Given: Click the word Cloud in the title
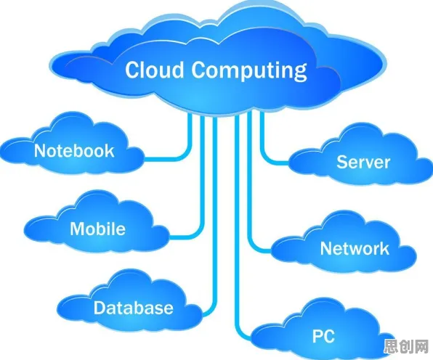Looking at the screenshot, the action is click(x=154, y=70).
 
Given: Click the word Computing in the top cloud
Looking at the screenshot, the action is click(x=249, y=71).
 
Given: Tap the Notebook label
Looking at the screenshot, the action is click(x=74, y=151).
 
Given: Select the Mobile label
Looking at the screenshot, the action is click(x=98, y=229).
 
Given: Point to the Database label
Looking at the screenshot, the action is click(x=134, y=308).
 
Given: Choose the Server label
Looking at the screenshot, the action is click(x=363, y=162).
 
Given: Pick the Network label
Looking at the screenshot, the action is click(x=355, y=248).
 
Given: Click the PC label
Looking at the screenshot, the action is click(x=323, y=336).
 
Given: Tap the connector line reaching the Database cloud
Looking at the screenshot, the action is click(x=215, y=221).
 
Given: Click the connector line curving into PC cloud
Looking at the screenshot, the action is click(x=237, y=237).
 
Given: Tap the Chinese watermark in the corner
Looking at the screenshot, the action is click(x=406, y=346).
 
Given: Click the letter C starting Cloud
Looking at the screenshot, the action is click(x=132, y=70).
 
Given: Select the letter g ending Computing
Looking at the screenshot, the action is click(x=300, y=73).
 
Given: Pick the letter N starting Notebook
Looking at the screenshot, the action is click(x=40, y=151).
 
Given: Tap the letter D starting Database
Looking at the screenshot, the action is click(x=100, y=308).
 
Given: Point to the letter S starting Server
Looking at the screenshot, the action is click(x=342, y=162).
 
